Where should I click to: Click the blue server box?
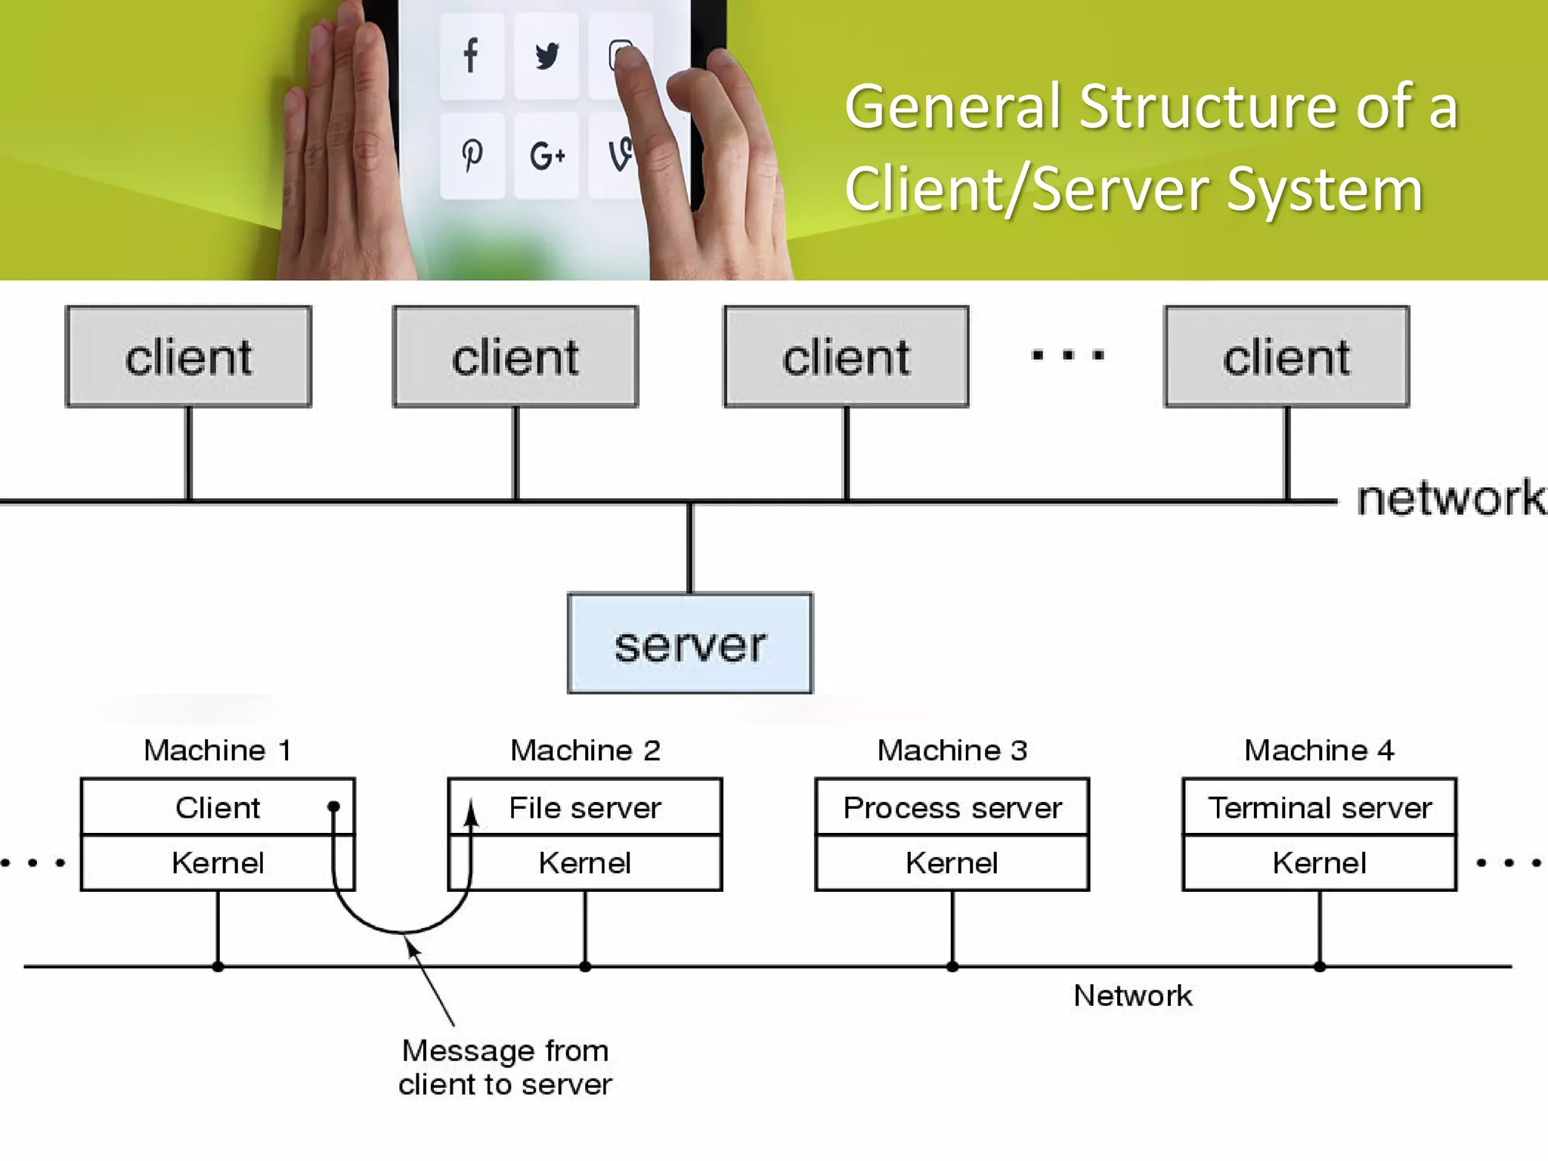click(690, 643)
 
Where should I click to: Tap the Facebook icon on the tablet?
click(471, 55)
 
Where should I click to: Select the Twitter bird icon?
click(546, 56)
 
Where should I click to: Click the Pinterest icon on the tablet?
click(472, 156)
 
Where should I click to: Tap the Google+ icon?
click(546, 156)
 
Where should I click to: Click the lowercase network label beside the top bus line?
click(1450, 499)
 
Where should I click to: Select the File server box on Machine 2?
click(585, 807)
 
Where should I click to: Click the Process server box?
click(952, 807)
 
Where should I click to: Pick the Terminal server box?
click(1319, 807)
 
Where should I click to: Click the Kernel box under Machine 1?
click(218, 862)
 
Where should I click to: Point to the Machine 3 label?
click(952, 751)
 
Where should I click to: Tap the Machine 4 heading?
click(1319, 751)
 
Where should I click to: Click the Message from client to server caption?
click(505, 1067)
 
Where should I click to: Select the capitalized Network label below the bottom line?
click(1132, 995)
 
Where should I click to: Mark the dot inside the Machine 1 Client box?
click(333, 807)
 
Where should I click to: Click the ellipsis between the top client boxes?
click(1067, 354)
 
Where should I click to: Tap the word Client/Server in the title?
click(1028, 189)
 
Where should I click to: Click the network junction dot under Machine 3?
click(952, 967)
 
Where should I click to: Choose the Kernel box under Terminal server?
click(1319, 862)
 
